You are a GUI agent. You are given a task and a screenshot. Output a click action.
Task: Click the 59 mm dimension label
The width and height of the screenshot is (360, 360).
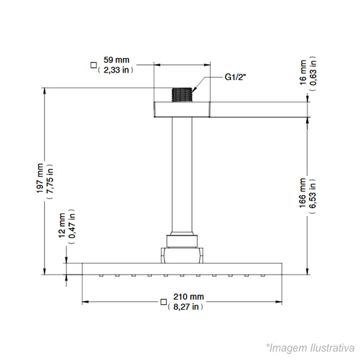(x=116, y=60)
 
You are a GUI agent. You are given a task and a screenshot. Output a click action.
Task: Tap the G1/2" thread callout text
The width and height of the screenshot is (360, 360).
(x=235, y=77)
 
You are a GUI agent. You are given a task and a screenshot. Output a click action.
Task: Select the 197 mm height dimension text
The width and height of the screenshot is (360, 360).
(x=40, y=178)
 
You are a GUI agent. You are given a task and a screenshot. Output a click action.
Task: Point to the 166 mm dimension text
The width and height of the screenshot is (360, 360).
(x=302, y=193)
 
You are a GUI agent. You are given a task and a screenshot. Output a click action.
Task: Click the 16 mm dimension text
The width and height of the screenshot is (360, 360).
(x=303, y=73)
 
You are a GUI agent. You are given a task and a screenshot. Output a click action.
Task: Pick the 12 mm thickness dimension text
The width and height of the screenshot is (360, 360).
(x=62, y=226)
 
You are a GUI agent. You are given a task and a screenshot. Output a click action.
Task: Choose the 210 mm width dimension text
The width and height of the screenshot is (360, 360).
(x=188, y=296)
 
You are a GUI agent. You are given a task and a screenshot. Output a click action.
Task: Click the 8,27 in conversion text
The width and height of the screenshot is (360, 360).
(x=185, y=307)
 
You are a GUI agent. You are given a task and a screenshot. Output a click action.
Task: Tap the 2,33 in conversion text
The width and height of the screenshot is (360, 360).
(x=116, y=70)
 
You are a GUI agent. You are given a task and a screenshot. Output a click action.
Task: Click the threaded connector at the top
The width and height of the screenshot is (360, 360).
(x=182, y=95)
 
